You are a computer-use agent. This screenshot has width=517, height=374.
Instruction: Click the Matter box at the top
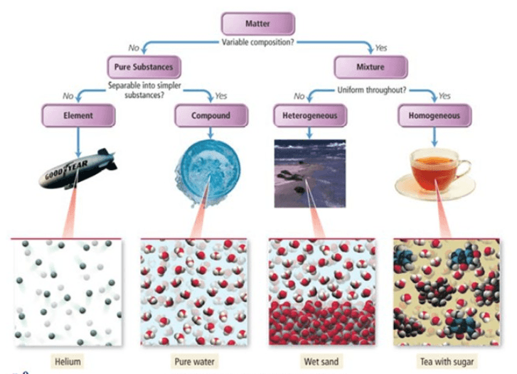(x=257, y=23)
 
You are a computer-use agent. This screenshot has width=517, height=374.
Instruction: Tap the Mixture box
(x=371, y=68)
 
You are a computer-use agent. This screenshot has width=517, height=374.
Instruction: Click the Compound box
(x=211, y=114)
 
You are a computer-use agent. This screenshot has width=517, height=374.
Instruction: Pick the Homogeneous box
(x=434, y=114)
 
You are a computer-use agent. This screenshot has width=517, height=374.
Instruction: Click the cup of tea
(x=435, y=173)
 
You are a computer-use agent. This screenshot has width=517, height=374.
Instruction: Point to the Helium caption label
(x=68, y=361)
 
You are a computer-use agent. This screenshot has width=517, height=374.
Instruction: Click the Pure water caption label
(x=193, y=361)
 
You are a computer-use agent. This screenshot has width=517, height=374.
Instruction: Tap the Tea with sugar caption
(x=447, y=361)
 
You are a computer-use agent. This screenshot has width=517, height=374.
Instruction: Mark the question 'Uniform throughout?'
(x=371, y=90)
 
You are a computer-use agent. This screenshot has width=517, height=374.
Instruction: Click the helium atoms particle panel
(x=68, y=292)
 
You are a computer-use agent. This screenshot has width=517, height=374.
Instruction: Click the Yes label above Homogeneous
(x=445, y=95)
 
